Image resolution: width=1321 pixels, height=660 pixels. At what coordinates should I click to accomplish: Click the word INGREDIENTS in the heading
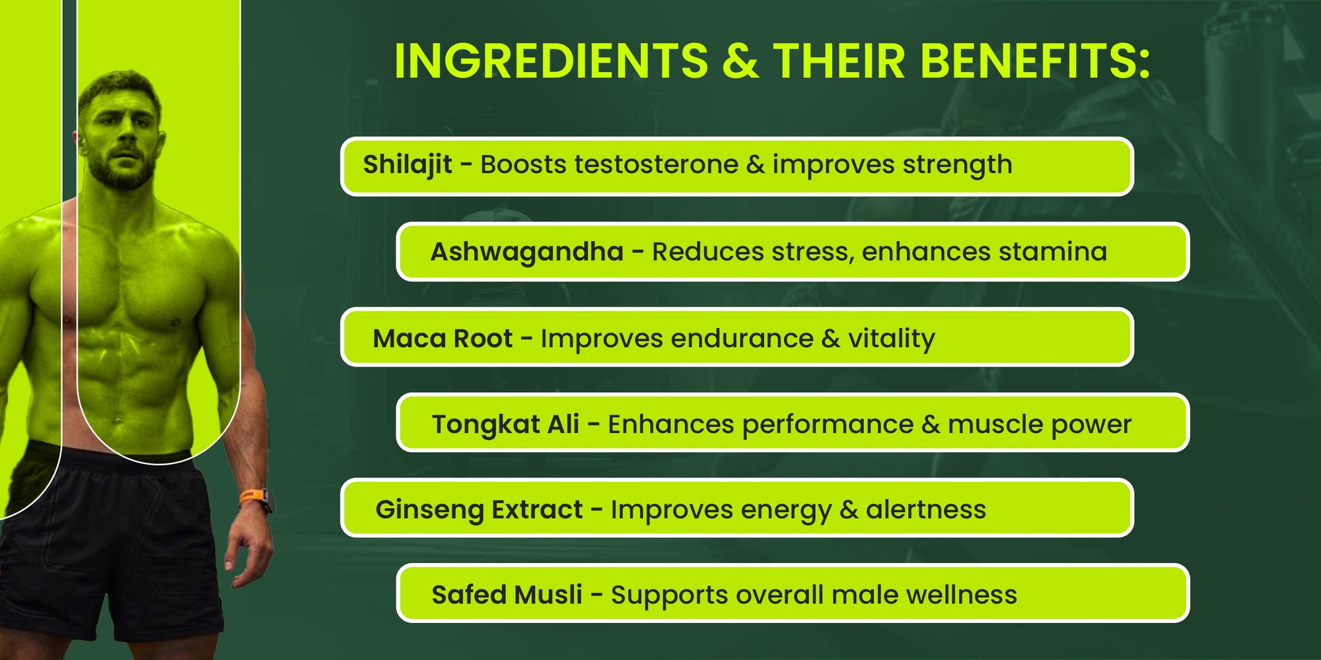tap(551, 61)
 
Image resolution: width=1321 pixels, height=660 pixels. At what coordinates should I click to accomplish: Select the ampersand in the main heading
tap(740, 61)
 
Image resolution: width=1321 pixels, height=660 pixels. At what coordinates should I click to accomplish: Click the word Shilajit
tap(408, 165)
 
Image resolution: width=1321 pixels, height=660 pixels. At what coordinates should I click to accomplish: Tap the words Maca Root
tap(443, 339)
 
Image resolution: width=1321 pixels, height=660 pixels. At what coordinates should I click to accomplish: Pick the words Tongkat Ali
tap(505, 424)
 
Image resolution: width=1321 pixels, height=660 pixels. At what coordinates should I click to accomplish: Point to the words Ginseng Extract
tap(479, 510)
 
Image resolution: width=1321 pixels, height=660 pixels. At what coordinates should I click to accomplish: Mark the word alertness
tap(925, 510)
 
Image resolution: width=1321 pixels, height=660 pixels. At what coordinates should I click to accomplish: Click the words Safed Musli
tap(507, 595)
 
